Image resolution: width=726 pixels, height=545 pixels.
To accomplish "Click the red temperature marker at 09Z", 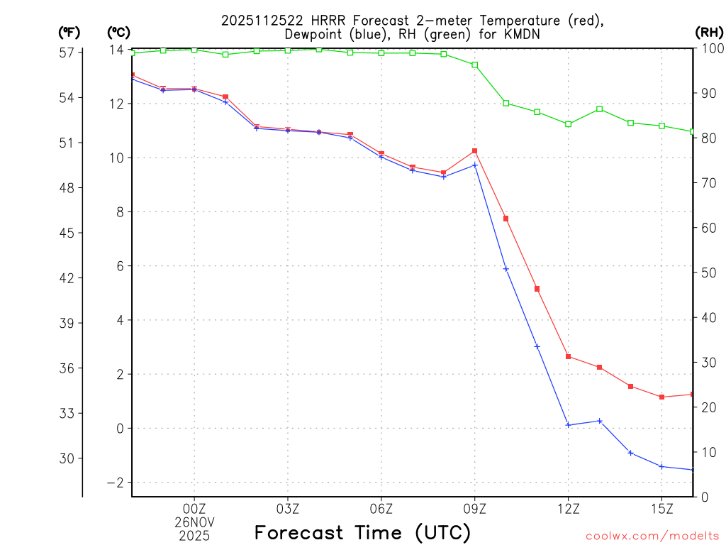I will click(475, 150).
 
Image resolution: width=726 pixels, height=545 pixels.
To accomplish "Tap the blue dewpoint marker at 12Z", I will click(569, 425).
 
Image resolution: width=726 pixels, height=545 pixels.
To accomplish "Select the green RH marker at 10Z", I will click(506, 103).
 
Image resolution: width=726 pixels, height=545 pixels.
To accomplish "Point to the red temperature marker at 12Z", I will click(569, 356).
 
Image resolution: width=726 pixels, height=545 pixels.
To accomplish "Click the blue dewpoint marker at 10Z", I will click(506, 269).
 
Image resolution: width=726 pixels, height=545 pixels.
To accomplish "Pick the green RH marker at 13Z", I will click(600, 109).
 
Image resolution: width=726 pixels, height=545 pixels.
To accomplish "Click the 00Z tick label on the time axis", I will click(194, 508).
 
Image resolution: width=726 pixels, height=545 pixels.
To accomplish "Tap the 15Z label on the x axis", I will click(661, 508).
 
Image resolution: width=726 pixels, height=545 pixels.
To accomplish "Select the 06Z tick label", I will click(381, 508).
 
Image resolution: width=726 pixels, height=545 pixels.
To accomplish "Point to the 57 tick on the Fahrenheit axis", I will click(67, 53).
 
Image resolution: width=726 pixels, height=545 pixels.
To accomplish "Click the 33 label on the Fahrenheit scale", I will click(67, 413).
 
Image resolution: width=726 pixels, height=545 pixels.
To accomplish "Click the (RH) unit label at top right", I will click(709, 33).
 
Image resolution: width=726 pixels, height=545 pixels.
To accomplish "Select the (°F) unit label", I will click(69, 33).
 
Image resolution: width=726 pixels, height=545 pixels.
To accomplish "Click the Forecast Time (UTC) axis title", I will click(362, 532).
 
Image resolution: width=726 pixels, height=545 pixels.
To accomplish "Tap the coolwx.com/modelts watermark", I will click(652, 536).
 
